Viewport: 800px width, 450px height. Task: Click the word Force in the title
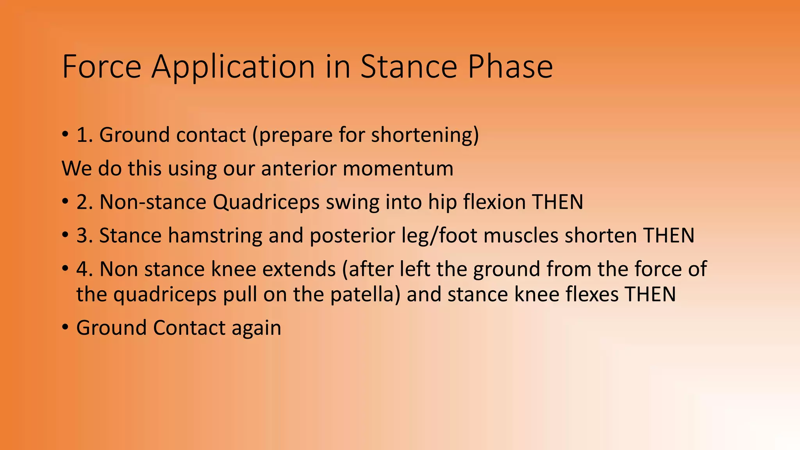102,67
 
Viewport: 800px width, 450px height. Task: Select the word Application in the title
233,67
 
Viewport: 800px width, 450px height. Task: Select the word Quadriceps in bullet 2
266,202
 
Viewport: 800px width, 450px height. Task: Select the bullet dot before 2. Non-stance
65,202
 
